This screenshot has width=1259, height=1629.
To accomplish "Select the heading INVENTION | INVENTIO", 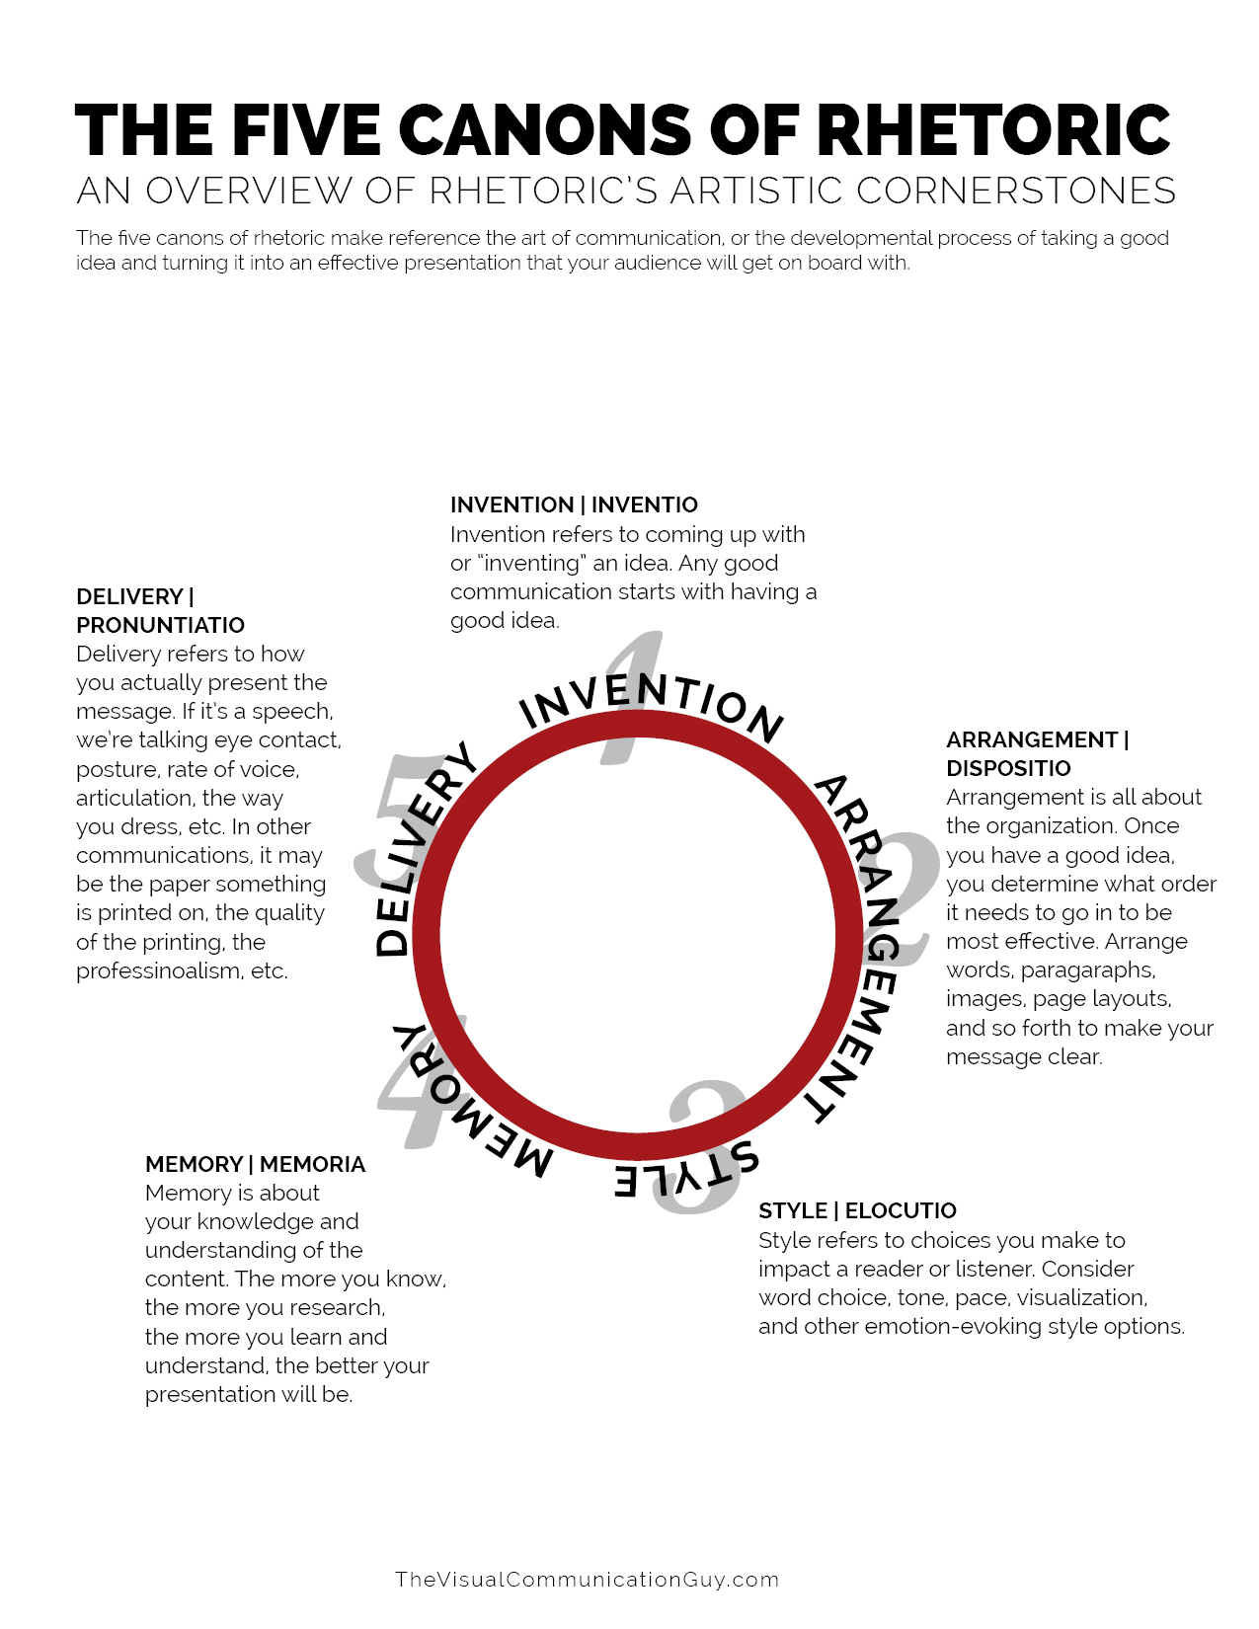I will click(574, 504).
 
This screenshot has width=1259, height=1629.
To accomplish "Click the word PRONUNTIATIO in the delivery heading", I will click(160, 625).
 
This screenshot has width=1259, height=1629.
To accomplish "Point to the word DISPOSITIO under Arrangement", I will click(1008, 768).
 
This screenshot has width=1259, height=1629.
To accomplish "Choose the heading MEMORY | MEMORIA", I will click(255, 1164).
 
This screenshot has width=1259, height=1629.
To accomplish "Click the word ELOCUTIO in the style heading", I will click(901, 1210).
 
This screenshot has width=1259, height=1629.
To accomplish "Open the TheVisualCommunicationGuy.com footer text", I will click(587, 1579).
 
